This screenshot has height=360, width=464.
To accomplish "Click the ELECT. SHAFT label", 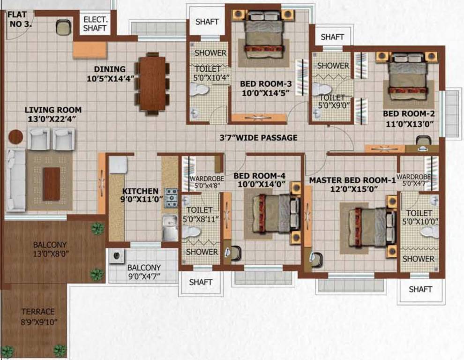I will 95,24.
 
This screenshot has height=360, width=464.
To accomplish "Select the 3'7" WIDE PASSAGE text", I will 259,138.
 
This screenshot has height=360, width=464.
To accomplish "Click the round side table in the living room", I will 15,136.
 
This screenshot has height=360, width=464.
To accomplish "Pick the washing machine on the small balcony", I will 116,255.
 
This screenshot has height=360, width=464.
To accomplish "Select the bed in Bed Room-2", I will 408,75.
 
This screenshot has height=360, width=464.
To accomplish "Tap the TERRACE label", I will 38,311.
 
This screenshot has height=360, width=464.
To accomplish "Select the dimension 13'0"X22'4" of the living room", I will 51,119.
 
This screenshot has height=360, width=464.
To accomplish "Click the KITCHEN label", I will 140,191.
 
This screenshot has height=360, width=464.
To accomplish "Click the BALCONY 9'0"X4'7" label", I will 144,271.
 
